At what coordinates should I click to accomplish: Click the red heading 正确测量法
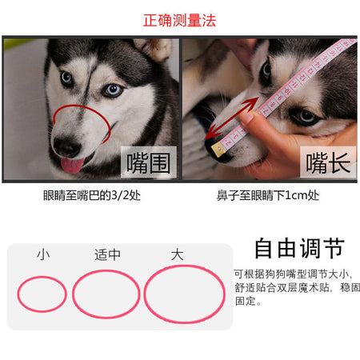coord(179,21)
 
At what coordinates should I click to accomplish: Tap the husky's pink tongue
coord(72,165)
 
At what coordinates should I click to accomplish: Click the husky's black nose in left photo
coord(67,147)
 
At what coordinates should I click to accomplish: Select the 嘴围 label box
coord(149,162)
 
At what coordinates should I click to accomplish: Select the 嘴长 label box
coord(328,162)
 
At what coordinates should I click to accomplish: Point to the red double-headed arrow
coord(231,118)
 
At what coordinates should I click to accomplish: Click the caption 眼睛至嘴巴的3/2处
coord(92,195)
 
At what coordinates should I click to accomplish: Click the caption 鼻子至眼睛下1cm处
coord(268,195)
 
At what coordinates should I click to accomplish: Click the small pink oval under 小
coord(18,294)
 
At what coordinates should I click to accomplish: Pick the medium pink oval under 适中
coord(73,294)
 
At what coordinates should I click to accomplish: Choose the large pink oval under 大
coord(145,294)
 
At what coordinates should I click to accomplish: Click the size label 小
coord(43,254)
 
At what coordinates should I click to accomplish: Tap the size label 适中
coord(107,254)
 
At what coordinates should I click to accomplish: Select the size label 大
coord(178,254)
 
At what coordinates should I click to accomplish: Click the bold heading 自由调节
coord(300,248)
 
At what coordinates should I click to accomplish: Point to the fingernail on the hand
coord(246,118)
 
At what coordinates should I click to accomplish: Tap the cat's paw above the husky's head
coord(154,49)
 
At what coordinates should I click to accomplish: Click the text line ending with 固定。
coord(248,301)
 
